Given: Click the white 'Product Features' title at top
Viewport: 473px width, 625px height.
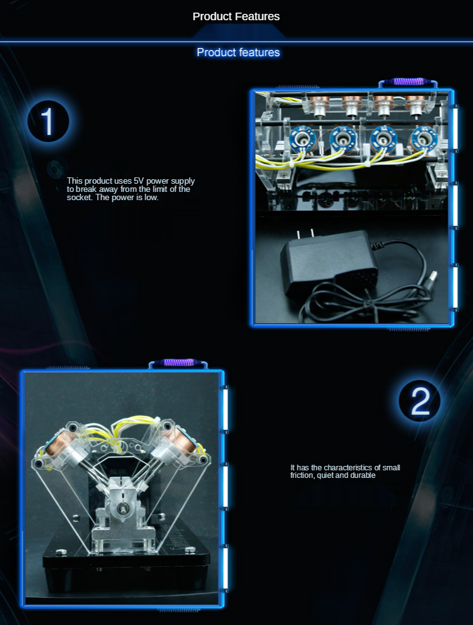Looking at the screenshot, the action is click(236, 16).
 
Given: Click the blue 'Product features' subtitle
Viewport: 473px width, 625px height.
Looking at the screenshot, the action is click(238, 52).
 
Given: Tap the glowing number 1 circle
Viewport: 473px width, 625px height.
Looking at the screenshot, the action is click(48, 121).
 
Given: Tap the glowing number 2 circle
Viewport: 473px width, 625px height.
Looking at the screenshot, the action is click(419, 401).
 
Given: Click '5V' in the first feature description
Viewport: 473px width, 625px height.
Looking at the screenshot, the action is click(138, 181).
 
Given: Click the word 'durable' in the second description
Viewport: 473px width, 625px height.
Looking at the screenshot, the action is click(362, 475).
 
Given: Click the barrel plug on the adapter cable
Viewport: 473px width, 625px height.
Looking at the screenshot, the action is click(432, 276).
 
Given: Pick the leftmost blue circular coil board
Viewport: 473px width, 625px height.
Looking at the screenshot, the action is click(302, 140).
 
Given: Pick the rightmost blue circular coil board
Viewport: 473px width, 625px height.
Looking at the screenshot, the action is click(424, 140).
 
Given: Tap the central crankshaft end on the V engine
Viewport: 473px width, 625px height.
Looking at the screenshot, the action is click(123, 508).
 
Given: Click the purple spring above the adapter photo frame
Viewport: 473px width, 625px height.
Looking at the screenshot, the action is click(408, 81).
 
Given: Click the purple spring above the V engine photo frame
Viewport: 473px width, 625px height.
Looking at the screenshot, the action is click(179, 362).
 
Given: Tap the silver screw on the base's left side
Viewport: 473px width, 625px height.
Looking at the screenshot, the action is click(61, 552).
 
